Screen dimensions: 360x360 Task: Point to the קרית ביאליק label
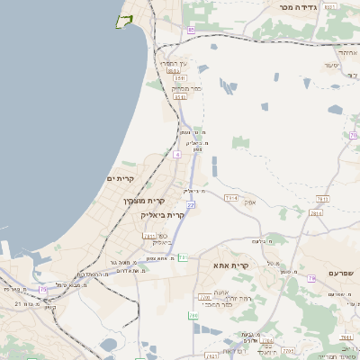pos(162,215)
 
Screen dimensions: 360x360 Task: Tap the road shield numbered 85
pos(191,31)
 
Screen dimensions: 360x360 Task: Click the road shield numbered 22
pos(191,205)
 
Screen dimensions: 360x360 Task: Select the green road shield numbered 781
pos(182,258)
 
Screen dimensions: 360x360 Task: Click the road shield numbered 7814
pos(316,213)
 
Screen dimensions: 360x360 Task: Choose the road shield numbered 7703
pos(288,350)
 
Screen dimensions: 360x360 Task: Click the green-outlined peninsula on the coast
pos(123,21)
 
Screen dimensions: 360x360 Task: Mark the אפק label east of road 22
pos(250,202)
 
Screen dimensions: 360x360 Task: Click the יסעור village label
pos(332,67)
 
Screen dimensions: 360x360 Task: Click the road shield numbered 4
pos(177,154)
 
